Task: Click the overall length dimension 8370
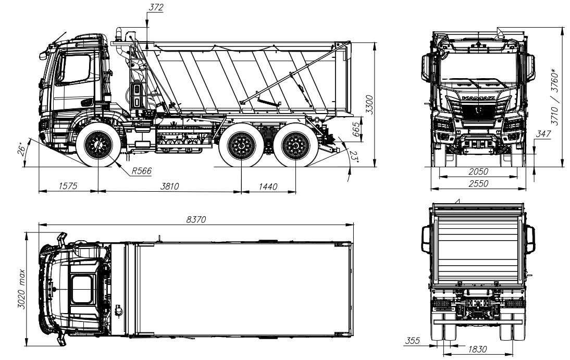click(x=196, y=220)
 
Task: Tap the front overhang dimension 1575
click(x=67, y=187)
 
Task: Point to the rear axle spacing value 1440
click(x=269, y=187)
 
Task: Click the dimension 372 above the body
click(x=155, y=7)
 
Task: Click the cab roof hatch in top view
click(x=82, y=289)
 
